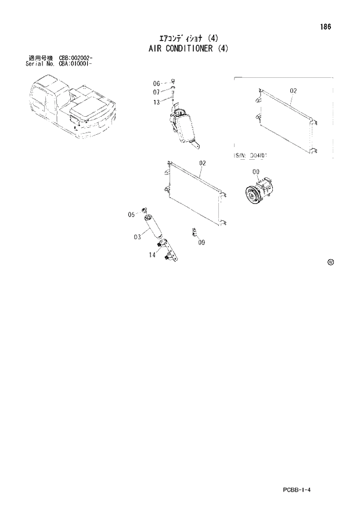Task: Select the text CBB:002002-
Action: coord(76,59)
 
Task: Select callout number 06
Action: coord(156,84)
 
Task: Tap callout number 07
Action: coord(156,92)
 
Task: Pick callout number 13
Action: coord(156,102)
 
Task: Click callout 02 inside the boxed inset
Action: coord(293,91)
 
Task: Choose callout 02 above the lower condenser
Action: coord(203,163)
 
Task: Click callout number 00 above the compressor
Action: coord(256,172)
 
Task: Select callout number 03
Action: coord(137,236)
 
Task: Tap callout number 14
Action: coord(152,254)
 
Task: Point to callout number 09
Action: coord(201,242)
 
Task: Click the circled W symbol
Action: coord(331,262)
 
